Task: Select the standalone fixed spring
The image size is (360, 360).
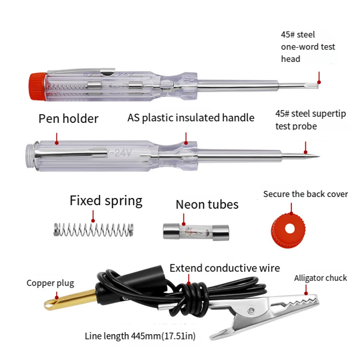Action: [x=94, y=230]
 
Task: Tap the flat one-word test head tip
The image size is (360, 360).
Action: [x=318, y=83]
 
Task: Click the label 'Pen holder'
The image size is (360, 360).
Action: [x=68, y=119]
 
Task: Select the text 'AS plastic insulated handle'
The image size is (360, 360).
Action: [x=191, y=118]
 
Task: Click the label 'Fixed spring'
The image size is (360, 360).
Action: [x=106, y=201]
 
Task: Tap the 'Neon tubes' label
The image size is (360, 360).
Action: [x=207, y=205]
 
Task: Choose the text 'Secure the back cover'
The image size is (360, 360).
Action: [x=305, y=194]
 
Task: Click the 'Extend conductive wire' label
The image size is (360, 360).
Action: [x=225, y=268]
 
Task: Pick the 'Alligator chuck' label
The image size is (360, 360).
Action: [x=320, y=278]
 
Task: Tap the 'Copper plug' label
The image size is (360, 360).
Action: [x=50, y=283]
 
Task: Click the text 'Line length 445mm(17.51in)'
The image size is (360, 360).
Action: [x=140, y=336]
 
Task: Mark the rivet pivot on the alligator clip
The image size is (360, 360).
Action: [x=251, y=309]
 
